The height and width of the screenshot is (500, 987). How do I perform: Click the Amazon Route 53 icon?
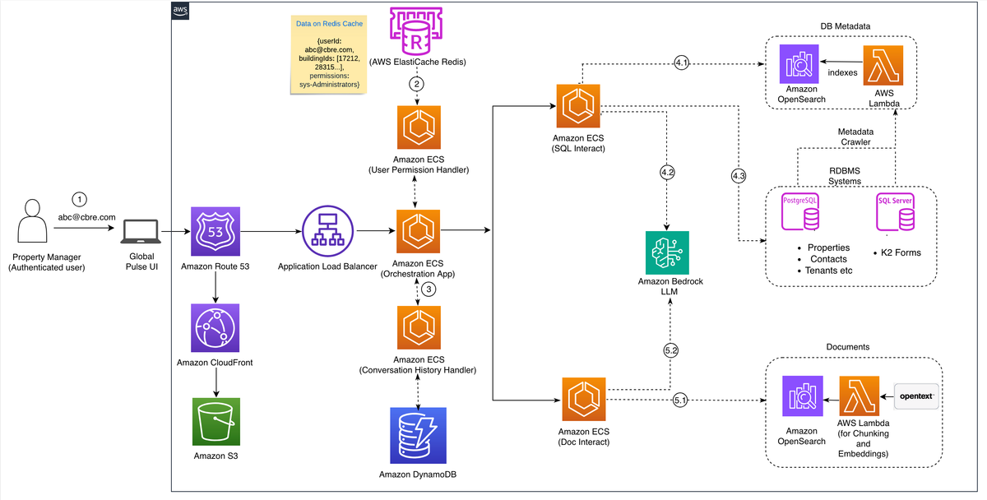(x=215, y=231)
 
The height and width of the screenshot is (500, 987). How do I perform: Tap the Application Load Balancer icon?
(x=327, y=231)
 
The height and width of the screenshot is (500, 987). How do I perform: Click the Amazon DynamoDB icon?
(x=419, y=437)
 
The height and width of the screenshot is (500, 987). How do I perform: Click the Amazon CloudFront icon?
(x=215, y=329)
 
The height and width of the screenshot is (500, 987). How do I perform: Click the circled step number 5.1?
(x=680, y=401)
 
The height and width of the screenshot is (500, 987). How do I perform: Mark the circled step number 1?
(x=79, y=200)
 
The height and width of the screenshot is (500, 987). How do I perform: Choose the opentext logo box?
(x=915, y=396)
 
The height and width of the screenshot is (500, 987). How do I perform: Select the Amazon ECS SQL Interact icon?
(x=580, y=104)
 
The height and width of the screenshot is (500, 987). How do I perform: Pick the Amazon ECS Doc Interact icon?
(x=584, y=400)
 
